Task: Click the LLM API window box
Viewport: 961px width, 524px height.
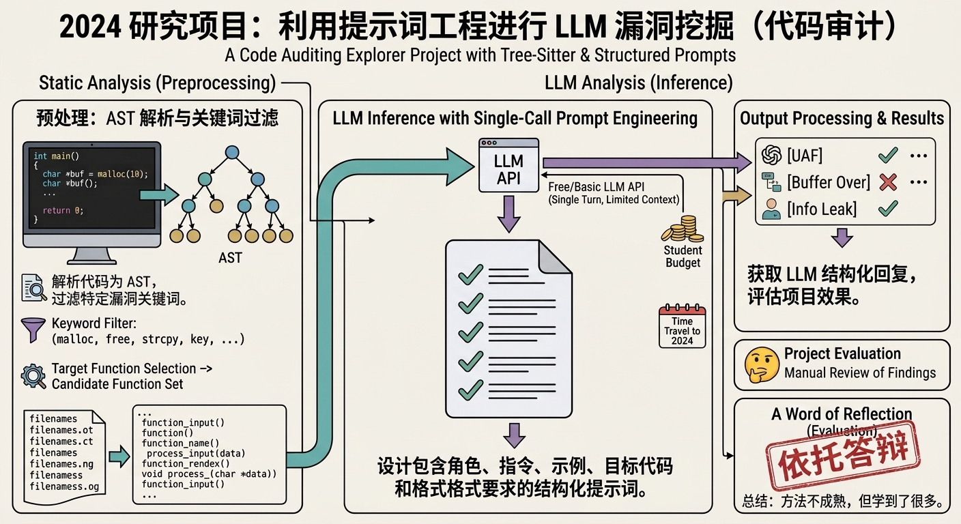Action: [508, 165]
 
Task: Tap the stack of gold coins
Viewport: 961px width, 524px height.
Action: [683, 229]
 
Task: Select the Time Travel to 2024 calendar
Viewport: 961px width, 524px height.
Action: [682, 326]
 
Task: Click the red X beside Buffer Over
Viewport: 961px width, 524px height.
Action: [888, 182]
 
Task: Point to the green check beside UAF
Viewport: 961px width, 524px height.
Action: [888, 155]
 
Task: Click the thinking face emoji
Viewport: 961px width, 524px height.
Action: [762, 364]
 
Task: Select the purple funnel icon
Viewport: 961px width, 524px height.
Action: [33, 330]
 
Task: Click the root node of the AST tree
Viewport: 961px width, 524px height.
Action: [231, 152]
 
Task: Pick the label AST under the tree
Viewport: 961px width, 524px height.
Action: [231, 258]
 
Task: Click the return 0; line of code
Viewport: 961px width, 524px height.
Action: [63, 211]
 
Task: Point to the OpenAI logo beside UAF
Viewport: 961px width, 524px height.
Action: [771, 155]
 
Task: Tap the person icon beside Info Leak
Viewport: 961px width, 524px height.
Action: [771, 209]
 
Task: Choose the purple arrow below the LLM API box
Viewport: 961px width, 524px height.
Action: [508, 214]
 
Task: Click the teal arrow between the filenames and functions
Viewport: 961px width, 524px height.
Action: [119, 456]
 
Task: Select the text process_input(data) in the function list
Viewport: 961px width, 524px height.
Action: [196, 453]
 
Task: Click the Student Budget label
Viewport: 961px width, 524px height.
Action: [683, 257]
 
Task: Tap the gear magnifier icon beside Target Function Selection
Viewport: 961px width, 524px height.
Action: [33, 376]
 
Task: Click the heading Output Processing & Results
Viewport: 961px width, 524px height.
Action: [842, 118]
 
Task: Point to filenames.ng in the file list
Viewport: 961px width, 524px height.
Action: [61, 464]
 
